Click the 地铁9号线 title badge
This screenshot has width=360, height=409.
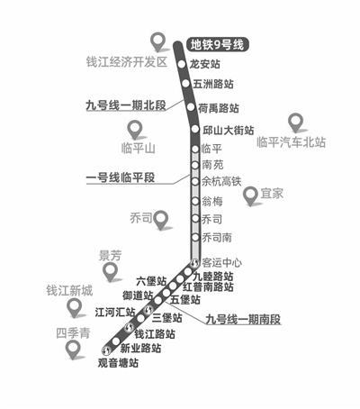[x=217, y=45]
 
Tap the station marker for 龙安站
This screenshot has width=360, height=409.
[x=182, y=64]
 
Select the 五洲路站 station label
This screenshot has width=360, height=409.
[x=213, y=84]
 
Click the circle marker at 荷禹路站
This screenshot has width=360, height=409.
[x=191, y=106]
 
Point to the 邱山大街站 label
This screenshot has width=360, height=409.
[x=229, y=131]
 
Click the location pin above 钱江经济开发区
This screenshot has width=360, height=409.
[x=158, y=42]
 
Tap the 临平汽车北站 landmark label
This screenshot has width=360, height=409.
[x=291, y=142]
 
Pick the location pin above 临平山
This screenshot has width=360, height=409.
[x=135, y=130]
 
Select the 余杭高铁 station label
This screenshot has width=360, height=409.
[x=221, y=181]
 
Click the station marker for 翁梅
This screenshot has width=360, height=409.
[x=195, y=201]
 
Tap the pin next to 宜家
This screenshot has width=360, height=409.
[x=250, y=195]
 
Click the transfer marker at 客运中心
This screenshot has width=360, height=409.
[x=194, y=263]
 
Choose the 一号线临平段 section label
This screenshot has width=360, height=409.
[x=121, y=177]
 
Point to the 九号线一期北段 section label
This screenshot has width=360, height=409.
[x=126, y=105]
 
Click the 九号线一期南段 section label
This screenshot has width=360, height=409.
[x=243, y=319]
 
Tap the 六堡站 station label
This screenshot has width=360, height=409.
[x=151, y=281]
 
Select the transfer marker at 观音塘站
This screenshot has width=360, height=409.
[x=106, y=350]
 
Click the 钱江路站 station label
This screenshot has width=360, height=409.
[x=155, y=334]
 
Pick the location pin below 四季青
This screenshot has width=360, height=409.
[x=73, y=350]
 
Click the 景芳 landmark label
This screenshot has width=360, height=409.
[x=110, y=256]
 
